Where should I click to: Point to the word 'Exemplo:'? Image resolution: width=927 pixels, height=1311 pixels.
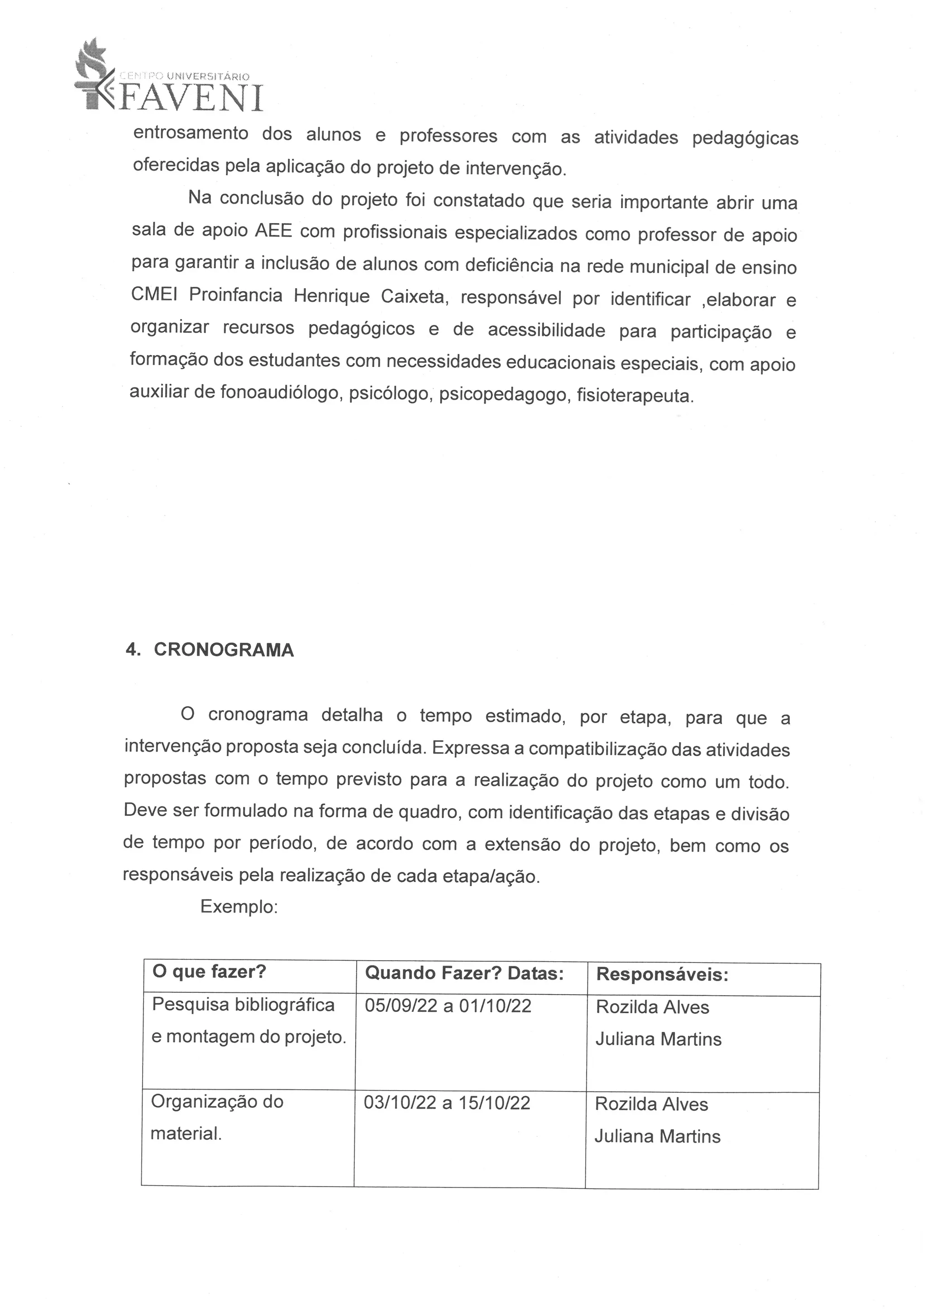(239, 907)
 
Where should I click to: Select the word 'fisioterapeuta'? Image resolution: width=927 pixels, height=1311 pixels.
(635, 396)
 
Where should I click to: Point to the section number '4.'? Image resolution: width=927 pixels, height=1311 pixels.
(133, 650)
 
